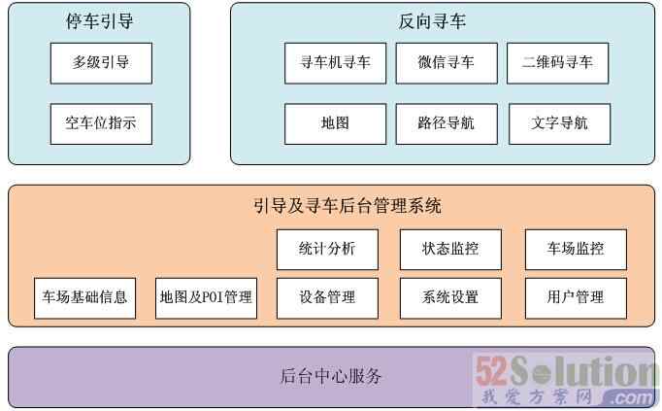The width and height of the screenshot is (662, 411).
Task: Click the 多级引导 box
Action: pos(101,63)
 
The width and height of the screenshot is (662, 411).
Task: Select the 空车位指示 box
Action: pos(101,123)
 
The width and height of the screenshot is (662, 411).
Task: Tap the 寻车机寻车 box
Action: pos(335,63)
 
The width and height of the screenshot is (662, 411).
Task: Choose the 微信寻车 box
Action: pos(447,63)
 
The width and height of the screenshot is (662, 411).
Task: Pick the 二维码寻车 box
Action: pos(557,63)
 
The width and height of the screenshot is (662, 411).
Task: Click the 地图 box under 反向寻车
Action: pos(335,123)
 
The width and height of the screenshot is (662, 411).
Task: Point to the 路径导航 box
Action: pos(447,123)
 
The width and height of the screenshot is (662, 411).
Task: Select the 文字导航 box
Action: pos(560,123)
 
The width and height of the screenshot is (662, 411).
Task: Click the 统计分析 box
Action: pos(327,249)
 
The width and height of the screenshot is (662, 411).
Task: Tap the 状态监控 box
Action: pos(450,249)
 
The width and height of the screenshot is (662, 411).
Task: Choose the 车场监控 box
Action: pos(576,249)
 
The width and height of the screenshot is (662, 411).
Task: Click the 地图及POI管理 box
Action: pos(205,297)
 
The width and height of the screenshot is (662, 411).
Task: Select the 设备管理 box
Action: pos(327,297)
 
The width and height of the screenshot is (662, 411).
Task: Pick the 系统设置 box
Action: pos(450,297)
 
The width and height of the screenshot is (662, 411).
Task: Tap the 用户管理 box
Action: pos(576,297)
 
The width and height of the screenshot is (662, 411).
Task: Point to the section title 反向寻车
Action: pos(432,20)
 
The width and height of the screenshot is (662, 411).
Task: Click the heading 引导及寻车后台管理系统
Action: pos(347,206)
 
